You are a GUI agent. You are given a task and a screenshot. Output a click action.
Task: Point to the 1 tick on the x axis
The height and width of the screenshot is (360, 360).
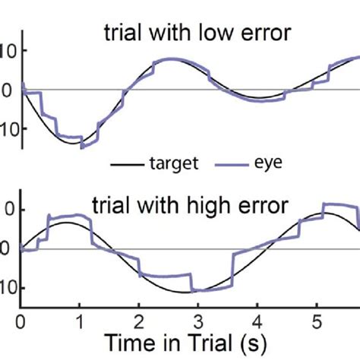coord(79,320)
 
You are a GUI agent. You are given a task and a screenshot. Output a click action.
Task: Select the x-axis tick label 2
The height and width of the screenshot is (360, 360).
coord(138,320)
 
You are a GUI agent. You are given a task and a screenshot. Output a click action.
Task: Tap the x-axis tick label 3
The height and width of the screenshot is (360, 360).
coord(197,320)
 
